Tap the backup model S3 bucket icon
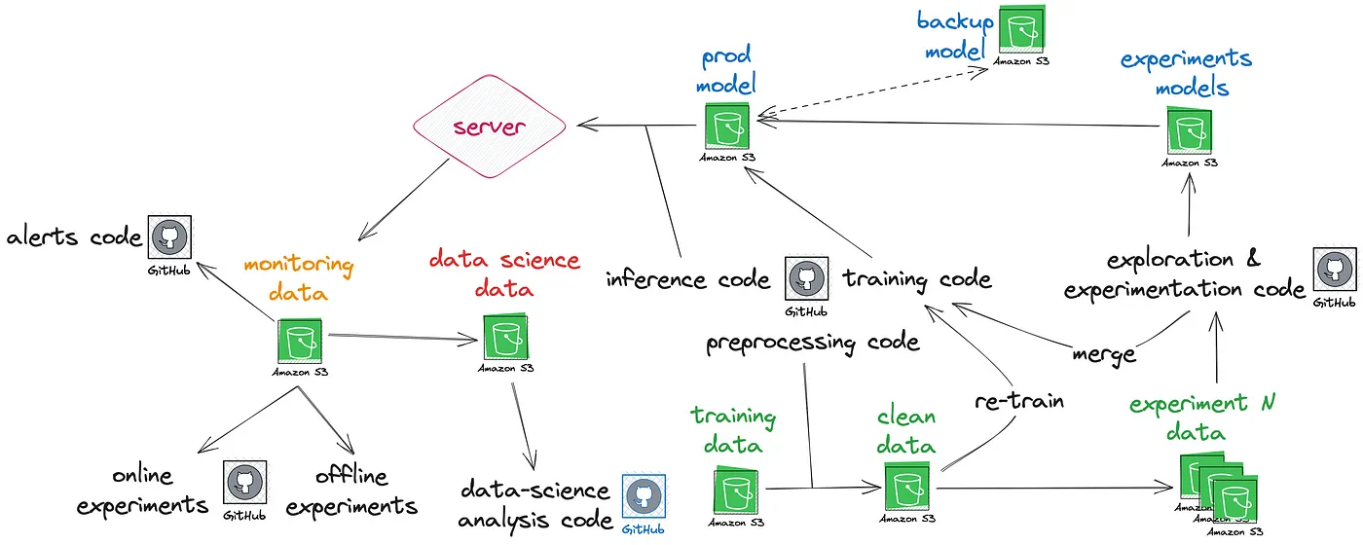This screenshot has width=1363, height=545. (x=1021, y=32)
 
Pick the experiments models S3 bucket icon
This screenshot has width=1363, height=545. (x=1189, y=132)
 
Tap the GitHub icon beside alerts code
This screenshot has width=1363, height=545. (x=169, y=236)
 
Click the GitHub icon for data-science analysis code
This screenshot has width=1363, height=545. (x=644, y=496)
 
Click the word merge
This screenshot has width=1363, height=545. (x=1104, y=353)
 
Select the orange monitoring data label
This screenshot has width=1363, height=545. (x=298, y=276)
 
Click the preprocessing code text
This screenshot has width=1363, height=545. (x=813, y=343)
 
